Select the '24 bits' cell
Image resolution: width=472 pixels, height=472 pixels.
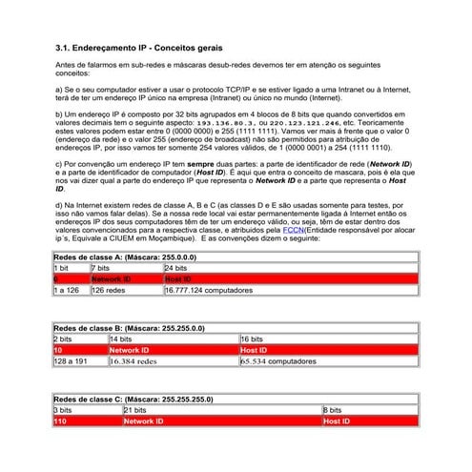click(176, 268)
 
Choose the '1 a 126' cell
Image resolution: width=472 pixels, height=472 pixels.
click(67, 290)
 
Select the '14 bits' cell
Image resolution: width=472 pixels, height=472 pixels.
click(121, 339)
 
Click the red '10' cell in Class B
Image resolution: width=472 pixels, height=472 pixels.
click(59, 350)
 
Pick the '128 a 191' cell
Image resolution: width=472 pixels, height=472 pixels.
click(71, 361)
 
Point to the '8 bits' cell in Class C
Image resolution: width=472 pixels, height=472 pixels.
click(333, 409)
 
